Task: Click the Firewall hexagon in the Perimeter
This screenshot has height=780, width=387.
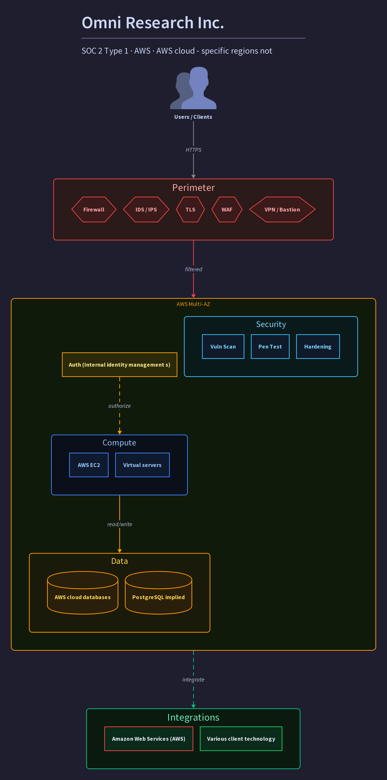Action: click(94, 209)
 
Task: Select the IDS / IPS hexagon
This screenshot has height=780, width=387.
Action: click(146, 209)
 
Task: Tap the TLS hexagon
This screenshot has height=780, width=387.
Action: click(190, 209)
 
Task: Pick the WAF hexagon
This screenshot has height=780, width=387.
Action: click(227, 209)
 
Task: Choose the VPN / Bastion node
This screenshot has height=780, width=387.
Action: click(282, 209)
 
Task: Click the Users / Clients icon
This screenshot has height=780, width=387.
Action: click(193, 88)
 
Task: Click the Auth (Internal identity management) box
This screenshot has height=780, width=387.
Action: click(120, 365)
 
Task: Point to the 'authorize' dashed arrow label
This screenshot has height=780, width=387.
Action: click(120, 406)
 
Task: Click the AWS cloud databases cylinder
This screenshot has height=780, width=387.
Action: click(83, 593)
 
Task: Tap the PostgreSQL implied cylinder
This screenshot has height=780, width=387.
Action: click(158, 593)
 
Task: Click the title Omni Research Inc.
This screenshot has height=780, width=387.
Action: click(153, 23)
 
